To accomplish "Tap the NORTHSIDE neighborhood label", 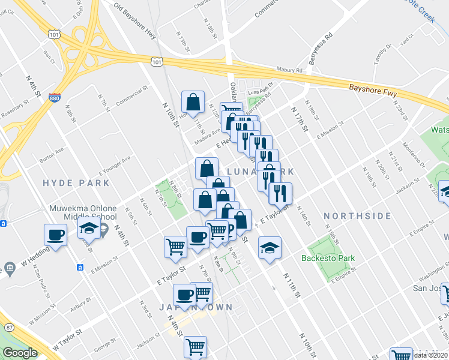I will pyautogui.click(x=352, y=215).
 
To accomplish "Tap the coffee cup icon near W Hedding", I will pyautogui.click(x=56, y=235).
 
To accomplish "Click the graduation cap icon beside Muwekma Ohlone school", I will pyautogui.click(x=89, y=229).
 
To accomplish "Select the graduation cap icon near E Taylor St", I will pyautogui.click(x=270, y=248).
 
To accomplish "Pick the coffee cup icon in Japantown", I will pyautogui.click(x=184, y=295).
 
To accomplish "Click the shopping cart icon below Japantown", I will pyautogui.click(x=195, y=346).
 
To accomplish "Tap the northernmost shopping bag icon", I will pyautogui.click(x=193, y=101).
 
